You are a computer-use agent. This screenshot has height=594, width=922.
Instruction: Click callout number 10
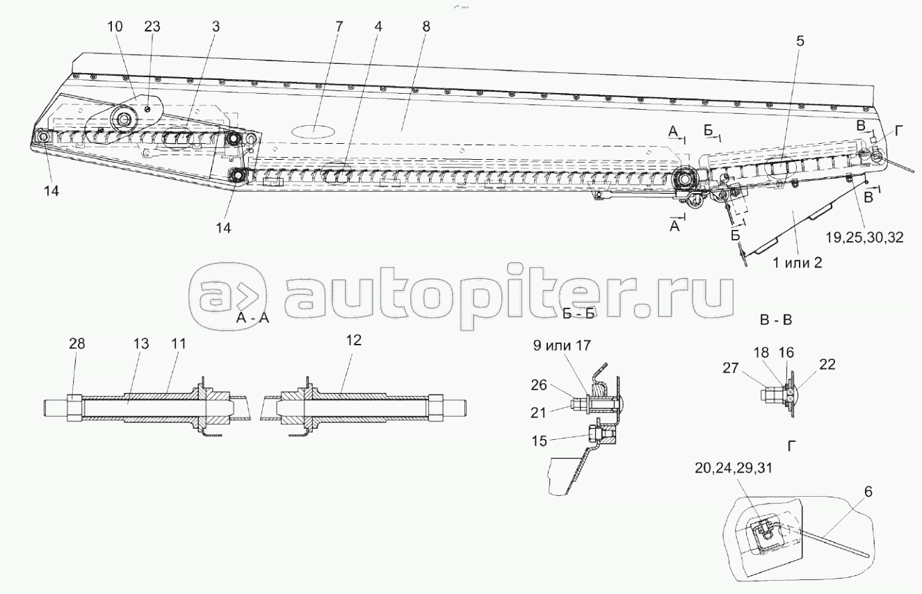coord(114,26)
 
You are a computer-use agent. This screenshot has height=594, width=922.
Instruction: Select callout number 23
coord(152,26)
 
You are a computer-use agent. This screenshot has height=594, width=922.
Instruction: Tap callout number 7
coord(339,26)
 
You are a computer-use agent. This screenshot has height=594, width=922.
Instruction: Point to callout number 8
coord(426,26)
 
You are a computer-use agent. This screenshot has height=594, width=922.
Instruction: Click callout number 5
coord(800,41)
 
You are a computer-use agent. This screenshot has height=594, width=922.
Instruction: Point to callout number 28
coord(76,343)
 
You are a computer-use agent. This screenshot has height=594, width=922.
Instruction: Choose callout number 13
coord(141,343)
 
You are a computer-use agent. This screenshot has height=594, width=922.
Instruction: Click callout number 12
coord(353,340)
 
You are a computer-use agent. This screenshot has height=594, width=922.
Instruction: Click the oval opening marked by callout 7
coord(314,129)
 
